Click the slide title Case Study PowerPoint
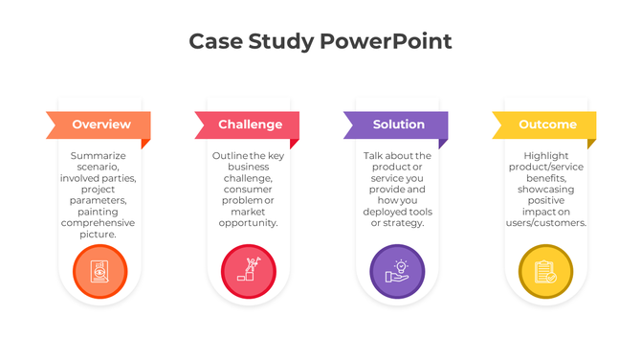[320, 41]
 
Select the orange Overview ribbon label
[100, 124]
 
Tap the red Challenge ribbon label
[250, 124]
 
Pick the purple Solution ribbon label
[398, 124]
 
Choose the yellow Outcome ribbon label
[547, 124]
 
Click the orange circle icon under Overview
[99, 271]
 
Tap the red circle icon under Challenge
[249, 271]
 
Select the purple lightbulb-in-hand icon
[397, 271]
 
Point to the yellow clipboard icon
[545, 271]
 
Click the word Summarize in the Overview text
[99, 156]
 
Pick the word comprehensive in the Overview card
[99, 223]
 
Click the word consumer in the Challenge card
[249, 190]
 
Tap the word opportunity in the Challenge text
[249, 223]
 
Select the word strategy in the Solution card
[406, 223]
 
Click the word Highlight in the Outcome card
[546, 156]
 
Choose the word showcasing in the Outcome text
[546, 190]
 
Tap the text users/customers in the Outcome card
[546, 223]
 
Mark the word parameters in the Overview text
[99, 201]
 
